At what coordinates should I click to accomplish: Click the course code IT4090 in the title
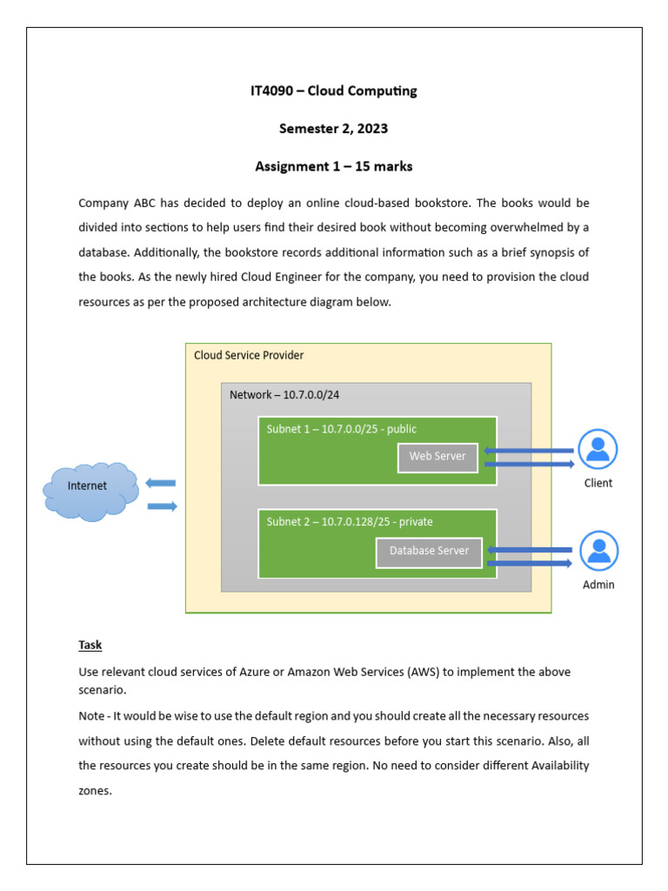coord(271,91)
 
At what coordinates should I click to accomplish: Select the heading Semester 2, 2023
coord(333,129)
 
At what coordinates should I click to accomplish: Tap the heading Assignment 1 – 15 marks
coord(333,166)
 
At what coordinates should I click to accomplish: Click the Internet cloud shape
coord(90,490)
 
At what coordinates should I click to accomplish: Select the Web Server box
coord(438,457)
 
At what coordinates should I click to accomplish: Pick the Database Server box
coord(429,552)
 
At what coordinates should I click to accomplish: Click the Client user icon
coord(598,449)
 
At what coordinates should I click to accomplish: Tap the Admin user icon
coord(598,551)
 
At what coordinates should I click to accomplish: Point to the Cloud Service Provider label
coord(249,356)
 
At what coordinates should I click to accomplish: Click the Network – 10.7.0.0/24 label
coord(284,395)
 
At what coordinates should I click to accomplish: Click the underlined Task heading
coord(90,645)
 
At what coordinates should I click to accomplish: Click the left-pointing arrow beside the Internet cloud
coord(161,483)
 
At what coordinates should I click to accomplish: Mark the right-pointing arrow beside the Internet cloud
coord(162,506)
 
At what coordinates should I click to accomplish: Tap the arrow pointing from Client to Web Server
coord(528,451)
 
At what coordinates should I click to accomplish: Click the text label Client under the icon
coord(598,483)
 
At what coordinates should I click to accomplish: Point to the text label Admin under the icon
coord(598,585)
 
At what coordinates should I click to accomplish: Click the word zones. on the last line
coord(95,792)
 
